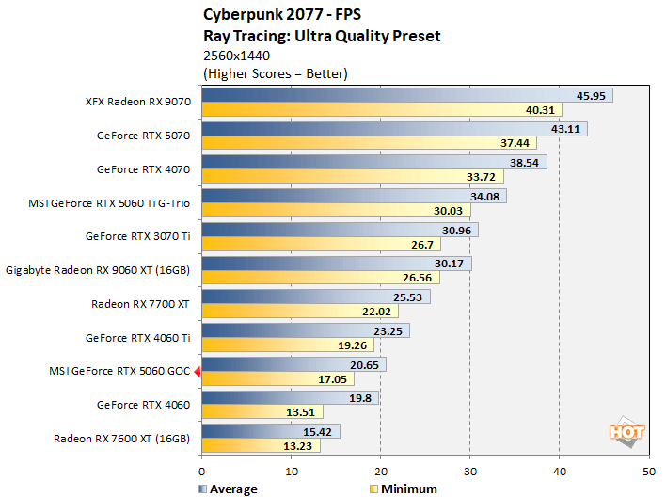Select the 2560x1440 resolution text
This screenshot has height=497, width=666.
coord(237,56)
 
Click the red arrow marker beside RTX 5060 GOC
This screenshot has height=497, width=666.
coord(197,372)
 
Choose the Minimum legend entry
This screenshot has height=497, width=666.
coord(404,489)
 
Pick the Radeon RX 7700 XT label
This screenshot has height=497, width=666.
coord(140,304)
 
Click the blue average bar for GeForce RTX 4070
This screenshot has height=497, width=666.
coord(373,162)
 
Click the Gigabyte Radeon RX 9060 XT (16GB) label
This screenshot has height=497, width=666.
coord(98,270)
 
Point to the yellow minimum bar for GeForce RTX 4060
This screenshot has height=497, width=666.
coord(262,411)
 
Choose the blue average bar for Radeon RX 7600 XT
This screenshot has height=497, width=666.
coord(270,431)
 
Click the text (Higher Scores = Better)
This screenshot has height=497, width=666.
coord(275,73)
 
